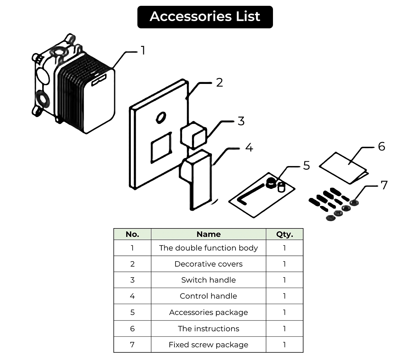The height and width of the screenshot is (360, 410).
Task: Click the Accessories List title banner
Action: (x=205, y=17)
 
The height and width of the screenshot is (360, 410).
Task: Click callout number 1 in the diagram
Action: (x=143, y=50)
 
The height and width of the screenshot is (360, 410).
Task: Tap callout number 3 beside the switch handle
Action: (x=241, y=121)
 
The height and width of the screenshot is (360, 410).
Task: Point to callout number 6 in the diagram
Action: (x=381, y=147)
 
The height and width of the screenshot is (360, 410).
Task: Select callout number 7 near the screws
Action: (x=384, y=185)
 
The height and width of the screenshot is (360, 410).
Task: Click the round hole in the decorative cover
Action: (x=160, y=117)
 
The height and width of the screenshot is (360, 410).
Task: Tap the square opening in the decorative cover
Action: (x=161, y=146)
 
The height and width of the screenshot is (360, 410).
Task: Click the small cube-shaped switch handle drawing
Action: (x=193, y=135)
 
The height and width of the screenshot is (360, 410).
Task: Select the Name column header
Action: (x=208, y=234)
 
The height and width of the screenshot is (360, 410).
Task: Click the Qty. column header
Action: (x=284, y=234)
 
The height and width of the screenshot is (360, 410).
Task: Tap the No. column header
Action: (x=132, y=234)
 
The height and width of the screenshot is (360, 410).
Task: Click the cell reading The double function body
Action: (x=208, y=248)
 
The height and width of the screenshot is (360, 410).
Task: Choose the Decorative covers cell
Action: (x=208, y=264)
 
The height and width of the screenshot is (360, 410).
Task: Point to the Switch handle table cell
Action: (x=208, y=280)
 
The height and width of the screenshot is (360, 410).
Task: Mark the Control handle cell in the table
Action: (x=208, y=296)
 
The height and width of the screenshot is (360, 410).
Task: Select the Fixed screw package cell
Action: (x=208, y=345)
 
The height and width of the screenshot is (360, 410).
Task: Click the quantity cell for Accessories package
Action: (x=284, y=312)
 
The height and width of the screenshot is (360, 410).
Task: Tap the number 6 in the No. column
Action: (x=132, y=329)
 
